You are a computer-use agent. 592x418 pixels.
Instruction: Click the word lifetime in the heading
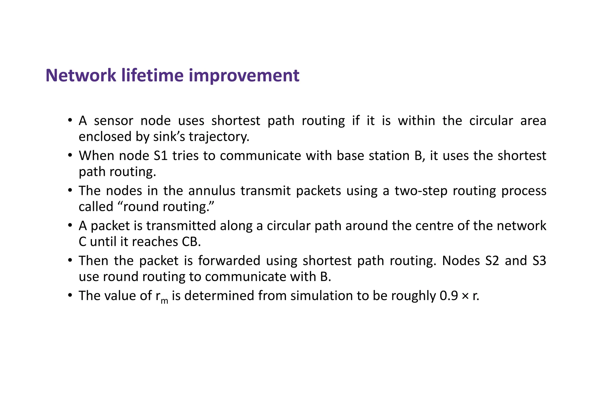(x=152, y=75)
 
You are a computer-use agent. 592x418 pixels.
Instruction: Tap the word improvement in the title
(x=244, y=75)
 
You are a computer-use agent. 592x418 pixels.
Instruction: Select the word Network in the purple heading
(x=81, y=75)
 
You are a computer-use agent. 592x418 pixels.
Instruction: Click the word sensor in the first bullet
(x=114, y=121)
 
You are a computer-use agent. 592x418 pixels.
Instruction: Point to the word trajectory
(x=219, y=137)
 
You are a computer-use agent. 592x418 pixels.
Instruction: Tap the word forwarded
(x=229, y=261)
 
